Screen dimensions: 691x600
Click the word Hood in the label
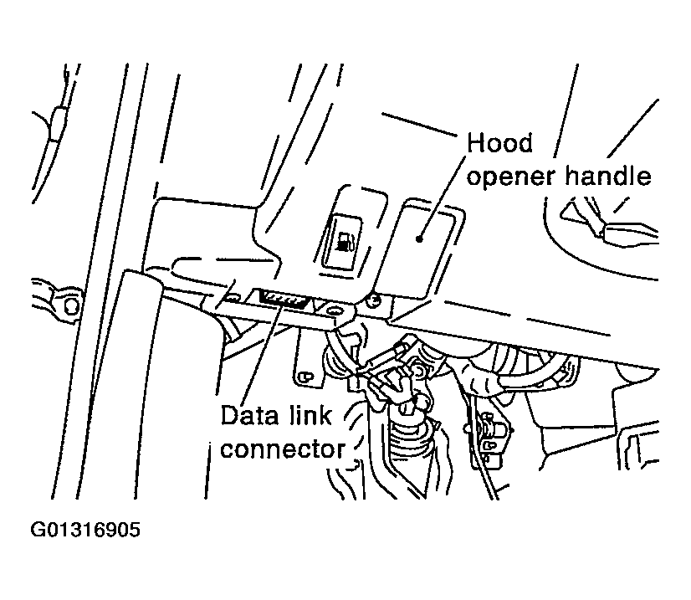pyautogui.click(x=499, y=143)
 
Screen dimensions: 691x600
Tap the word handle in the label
pyautogui.click(x=608, y=176)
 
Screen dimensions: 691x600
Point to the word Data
pyautogui.click(x=249, y=415)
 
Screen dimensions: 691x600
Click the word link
pyautogui.click(x=311, y=415)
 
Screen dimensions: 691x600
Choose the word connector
pyautogui.click(x=283, y=449)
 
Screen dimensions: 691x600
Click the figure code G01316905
pyautogui.click(x=85, y=530)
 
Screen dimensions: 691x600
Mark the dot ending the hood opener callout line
pyautogui.click(x=420, y=239)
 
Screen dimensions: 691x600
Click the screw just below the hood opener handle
pyautogui.click(x=373, y=300)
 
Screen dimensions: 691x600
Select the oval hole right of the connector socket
pyautogui.click(x=334, y=310)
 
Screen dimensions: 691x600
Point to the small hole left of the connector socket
pyautogui.click(x=233, y=299)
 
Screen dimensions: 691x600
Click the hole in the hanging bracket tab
pyautogui.click(x=304, y=376)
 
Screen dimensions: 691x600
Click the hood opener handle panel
pyautogui.click(x=420, y=249)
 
